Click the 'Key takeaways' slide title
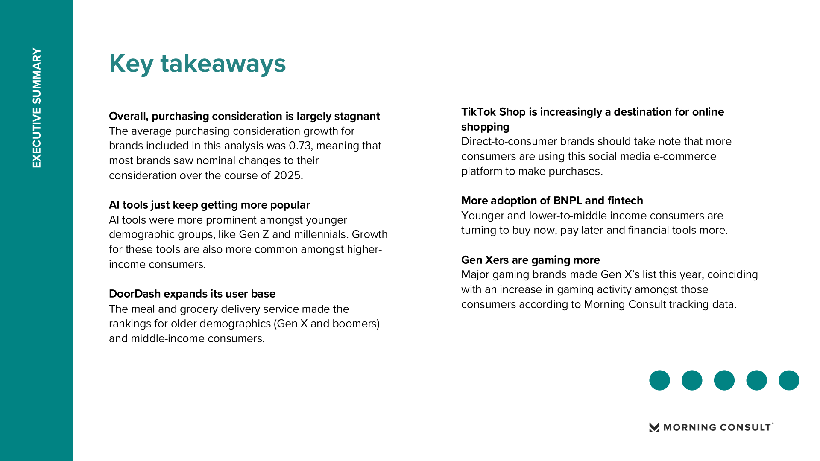197,64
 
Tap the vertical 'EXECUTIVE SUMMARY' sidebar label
37,108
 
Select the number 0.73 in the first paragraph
300,146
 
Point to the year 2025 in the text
287,175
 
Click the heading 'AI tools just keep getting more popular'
209,205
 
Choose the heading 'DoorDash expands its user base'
192,294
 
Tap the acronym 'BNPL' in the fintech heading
567,201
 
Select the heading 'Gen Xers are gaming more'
530,260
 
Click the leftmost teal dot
659,380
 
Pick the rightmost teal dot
789,380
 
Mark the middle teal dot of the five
724,380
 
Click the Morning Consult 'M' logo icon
654,427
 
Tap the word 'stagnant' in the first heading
357,116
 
